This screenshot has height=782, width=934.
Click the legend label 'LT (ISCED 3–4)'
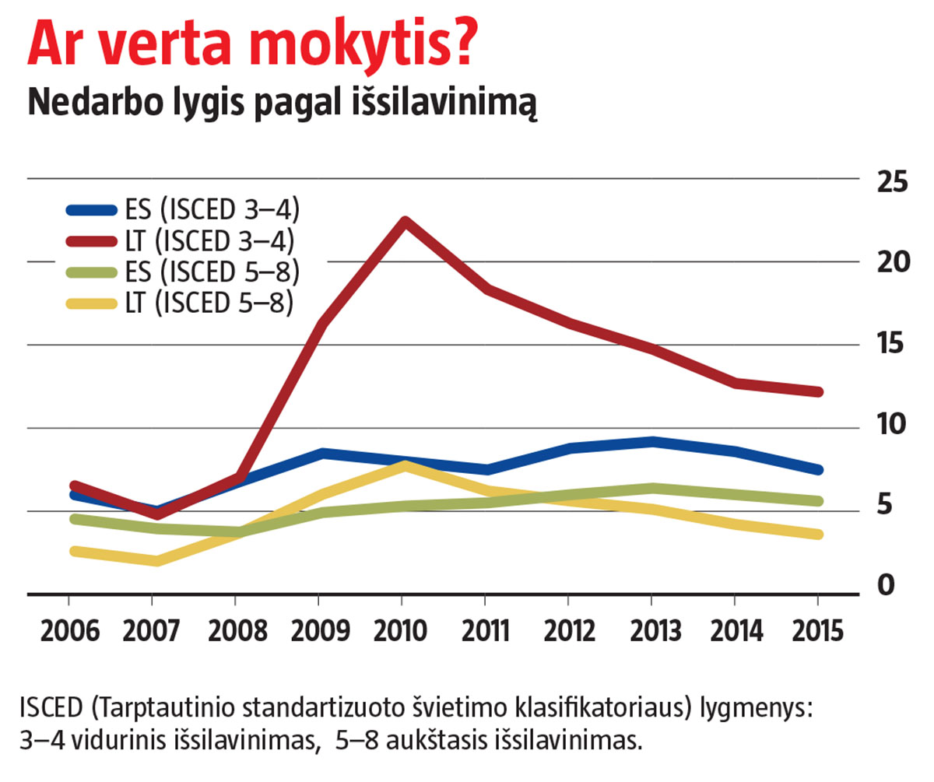[209, 241]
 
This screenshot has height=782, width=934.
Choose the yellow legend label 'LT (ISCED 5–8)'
[209, 304]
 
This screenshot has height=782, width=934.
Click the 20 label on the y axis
[892, 263]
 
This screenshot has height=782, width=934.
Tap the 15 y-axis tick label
[892, 344]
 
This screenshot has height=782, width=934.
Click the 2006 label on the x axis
[68, 630]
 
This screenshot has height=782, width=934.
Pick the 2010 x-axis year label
[401, 630]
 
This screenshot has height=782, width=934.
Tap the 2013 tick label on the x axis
[651, 630]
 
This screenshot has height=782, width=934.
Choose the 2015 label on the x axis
[816, 630]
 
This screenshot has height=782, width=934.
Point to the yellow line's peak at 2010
[402, 465]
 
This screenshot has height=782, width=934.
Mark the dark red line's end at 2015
[817, 391]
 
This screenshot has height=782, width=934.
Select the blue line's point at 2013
[651, 442]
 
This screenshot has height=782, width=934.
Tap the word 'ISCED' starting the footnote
[48, 709]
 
